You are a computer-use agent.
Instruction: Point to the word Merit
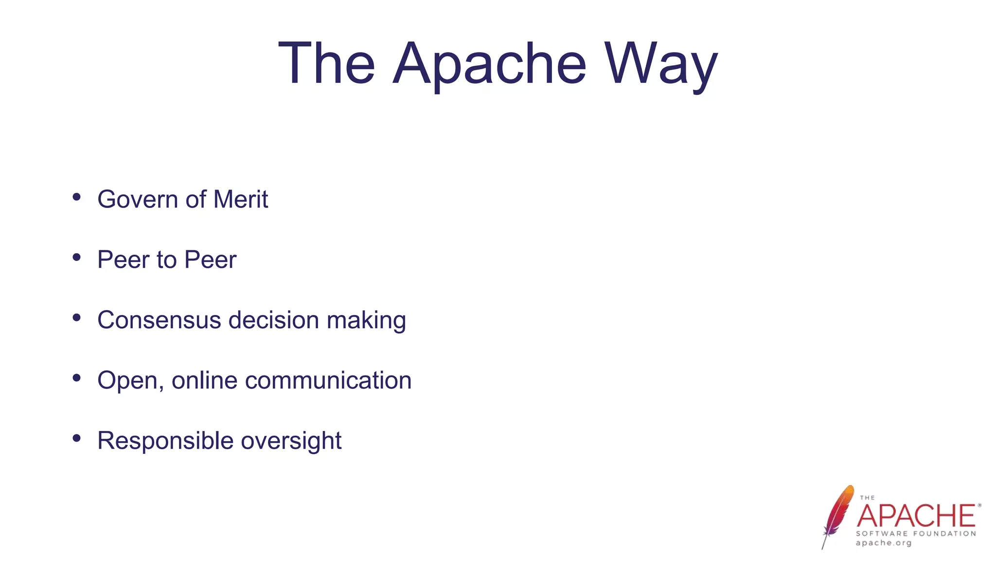point(241,199)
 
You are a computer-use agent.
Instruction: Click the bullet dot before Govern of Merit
point(76,197)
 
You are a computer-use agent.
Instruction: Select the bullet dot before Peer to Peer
point(76,257)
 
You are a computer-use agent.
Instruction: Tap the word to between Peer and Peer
point(166,260)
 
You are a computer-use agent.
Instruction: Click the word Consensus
point(159,320)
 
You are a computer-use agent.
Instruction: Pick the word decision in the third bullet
point(274,320)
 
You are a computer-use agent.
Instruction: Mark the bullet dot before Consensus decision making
point(76,318)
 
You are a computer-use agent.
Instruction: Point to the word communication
point(328,380)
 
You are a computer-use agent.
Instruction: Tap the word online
point(204,380)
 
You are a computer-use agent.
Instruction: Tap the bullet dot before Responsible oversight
point(76,438)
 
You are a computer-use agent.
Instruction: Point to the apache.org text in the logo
point(884,543)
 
